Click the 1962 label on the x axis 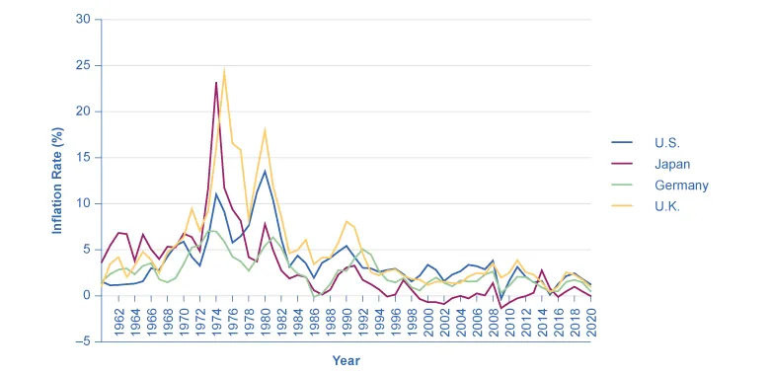click(x=118, y=325)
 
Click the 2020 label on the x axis click(x=590, y=325)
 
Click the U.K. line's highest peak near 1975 click(x=224, y=70)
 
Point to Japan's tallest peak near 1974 click(x=216, y=83)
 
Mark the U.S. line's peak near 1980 click(x=265, y=171)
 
